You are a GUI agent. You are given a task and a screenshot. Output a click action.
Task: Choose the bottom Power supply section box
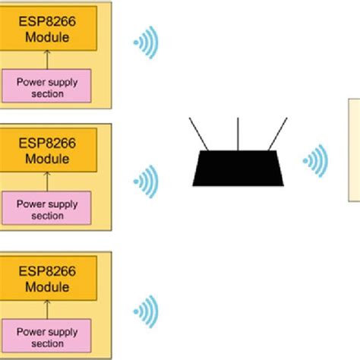click(47, 335)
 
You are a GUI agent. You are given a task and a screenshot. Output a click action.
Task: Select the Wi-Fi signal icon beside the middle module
click(146, 181)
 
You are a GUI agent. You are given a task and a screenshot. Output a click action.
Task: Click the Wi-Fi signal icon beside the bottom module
click(146, 310)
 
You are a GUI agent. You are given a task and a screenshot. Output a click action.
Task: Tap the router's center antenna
click(239, 134)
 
